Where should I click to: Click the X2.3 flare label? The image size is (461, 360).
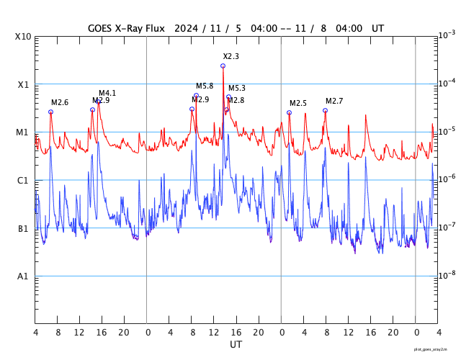coord(230,56)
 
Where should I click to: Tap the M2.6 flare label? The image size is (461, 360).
coord(60,103)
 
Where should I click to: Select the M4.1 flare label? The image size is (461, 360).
coord(107,94)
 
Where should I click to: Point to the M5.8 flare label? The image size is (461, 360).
coord(205,86)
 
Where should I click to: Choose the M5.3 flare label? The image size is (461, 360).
coord(237,89)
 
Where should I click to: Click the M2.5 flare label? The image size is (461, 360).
coord(298,104)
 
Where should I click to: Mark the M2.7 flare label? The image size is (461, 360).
coord(334,101)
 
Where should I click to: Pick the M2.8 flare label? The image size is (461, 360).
coord(236,101)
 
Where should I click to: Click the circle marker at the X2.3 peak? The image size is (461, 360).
coord(223,66)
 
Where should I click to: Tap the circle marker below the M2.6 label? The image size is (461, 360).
coord(50,112)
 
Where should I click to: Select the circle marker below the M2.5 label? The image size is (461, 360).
coord(289,112)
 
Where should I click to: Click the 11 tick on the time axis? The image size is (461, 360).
coord(214,333)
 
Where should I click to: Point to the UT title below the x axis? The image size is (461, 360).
coord(236,345)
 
